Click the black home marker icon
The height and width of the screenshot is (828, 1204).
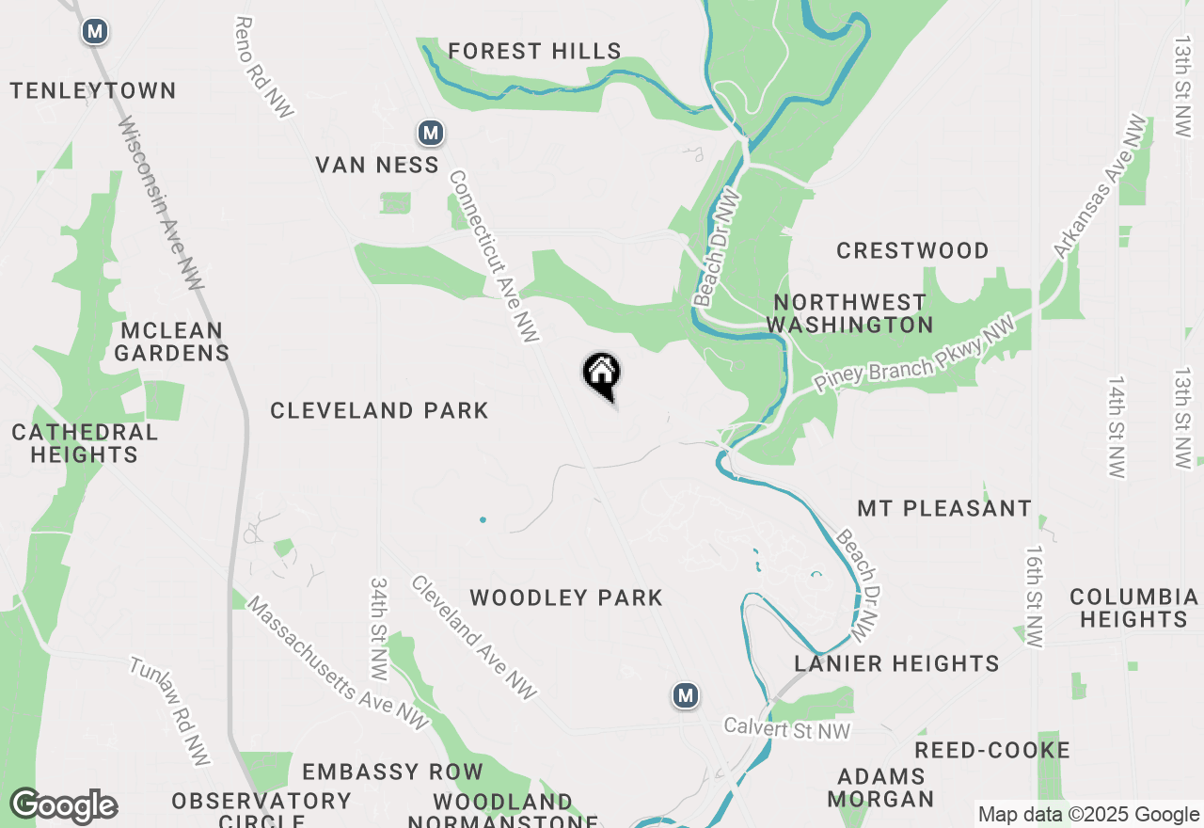coord(602,374)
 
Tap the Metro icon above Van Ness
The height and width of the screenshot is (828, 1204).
coord(431,133)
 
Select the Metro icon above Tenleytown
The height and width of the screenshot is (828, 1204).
coord(94,32)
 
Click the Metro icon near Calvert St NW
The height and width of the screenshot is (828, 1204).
coord(686,696)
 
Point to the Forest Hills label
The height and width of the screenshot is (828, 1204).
coord(534,51)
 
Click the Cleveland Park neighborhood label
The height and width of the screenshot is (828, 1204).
coord(379,410)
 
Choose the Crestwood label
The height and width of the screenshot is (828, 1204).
coord(912,250)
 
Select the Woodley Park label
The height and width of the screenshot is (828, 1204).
coord(566,597)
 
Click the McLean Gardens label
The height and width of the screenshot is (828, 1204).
coord(171,342)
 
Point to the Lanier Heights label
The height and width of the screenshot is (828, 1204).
coord(896,663)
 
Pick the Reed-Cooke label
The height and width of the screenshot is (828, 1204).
coord(992,750)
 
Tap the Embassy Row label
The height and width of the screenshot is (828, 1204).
coord(392,772)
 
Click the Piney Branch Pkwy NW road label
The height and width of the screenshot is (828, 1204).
coord(915,355)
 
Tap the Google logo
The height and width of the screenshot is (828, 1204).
coord(63,805)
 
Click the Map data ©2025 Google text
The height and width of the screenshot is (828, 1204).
coord(1088,815)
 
